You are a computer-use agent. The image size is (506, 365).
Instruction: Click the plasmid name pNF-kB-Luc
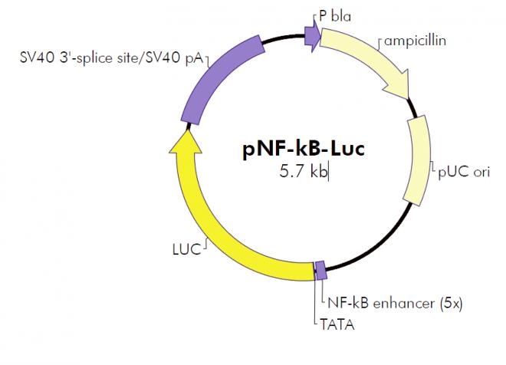tap(304, 149)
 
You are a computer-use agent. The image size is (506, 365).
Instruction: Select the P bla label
tap(335, 16)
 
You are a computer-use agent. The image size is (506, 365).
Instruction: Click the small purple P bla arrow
tap(313, 35)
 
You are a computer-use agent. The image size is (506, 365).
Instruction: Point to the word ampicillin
tap(415, 41)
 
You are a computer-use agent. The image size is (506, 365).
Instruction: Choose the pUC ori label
tap(464, 172)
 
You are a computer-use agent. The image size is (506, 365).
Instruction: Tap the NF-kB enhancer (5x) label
tap(395, 304)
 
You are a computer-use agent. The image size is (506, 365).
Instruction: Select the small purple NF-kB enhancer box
tap(320, 271)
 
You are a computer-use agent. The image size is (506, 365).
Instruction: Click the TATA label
tap(337, 324)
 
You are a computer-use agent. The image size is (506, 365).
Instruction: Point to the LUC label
tap(186, 249)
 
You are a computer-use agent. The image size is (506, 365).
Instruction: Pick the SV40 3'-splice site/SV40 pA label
tap(111, 58)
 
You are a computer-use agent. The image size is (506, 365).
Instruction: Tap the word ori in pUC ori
tap(481, 173)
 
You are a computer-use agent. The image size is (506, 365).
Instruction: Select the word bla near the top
tap(341, 16)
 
